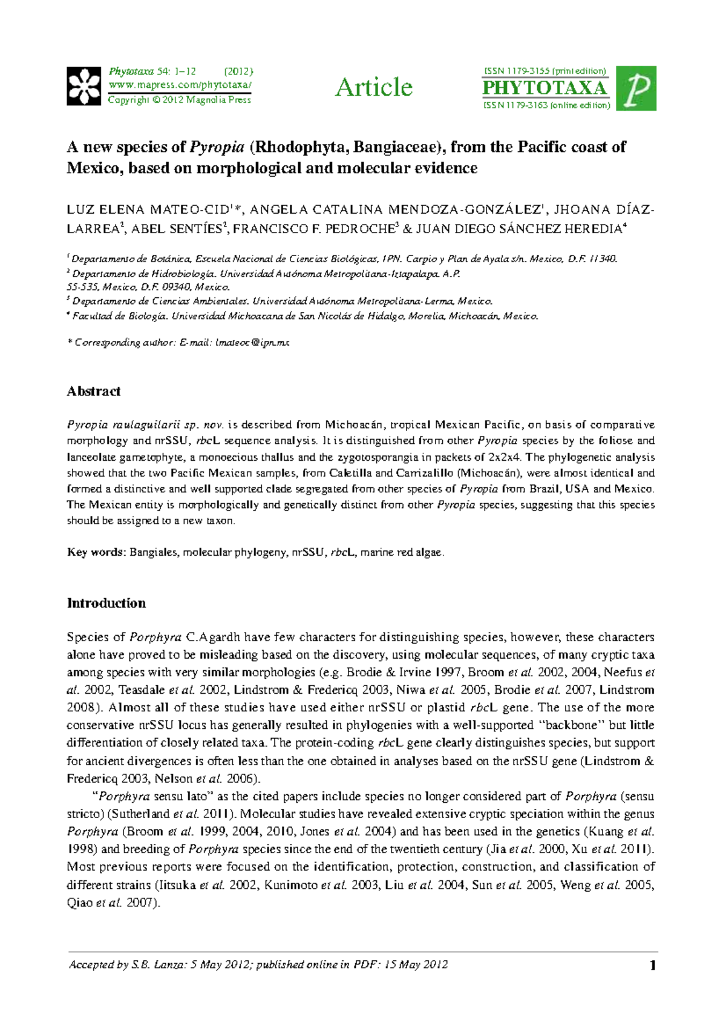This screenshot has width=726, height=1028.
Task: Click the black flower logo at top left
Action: point(83,87)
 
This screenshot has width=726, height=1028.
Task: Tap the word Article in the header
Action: point(374,88)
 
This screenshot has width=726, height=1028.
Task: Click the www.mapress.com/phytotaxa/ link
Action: point(180,85)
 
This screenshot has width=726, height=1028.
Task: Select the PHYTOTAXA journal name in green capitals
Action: point(544,88)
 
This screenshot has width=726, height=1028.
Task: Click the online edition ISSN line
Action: point(546,105)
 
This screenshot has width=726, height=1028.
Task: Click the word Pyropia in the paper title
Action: point(217,147)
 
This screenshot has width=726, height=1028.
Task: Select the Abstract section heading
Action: point(94,391)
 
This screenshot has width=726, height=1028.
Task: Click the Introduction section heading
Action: point(106,603)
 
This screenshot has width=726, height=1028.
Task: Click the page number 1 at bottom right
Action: point(653,966)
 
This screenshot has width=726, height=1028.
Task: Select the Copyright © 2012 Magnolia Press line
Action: point(179,100)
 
